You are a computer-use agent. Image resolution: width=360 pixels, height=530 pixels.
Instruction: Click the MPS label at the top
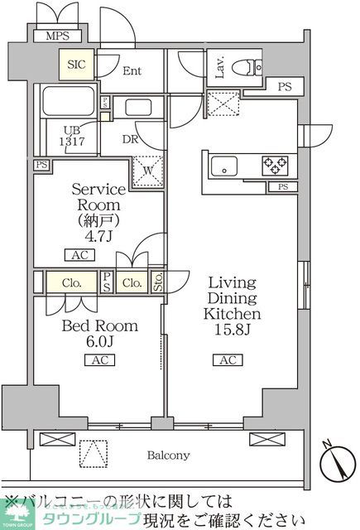(x=57, y=36)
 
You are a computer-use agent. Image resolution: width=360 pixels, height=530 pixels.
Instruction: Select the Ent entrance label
(x=132, y=71)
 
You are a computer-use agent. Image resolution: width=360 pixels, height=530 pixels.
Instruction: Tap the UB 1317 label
(x=69, y=136)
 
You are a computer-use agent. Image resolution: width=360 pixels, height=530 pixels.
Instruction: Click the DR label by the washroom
(x=130, y=140)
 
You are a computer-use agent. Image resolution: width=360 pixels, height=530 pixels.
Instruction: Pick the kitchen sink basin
(x=224, y=166)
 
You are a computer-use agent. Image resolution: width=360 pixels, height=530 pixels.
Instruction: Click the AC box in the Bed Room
(x=97, y=359)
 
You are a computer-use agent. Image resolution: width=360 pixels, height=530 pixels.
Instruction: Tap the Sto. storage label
(x=157, y=282)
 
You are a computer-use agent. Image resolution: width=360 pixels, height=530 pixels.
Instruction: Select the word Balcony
(x=169, y=455)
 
